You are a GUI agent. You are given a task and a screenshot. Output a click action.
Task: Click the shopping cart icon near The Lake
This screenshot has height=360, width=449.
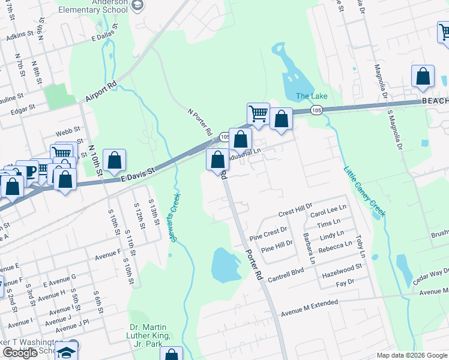tap(258, 113)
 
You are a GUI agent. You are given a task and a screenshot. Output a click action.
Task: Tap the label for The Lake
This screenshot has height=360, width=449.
tap(311, 97)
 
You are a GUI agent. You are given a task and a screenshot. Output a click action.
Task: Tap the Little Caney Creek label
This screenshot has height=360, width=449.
tap(365, 191)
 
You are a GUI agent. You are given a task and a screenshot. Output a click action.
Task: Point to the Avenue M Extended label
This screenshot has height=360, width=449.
tap(310, 304)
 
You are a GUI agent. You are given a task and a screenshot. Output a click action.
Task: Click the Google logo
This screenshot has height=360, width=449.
tap(20, 353)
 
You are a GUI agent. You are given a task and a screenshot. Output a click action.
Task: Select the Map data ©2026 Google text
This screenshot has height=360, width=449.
tap(412, 355)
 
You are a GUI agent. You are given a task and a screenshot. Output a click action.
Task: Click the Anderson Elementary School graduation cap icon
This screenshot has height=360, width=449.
tap(137, 6)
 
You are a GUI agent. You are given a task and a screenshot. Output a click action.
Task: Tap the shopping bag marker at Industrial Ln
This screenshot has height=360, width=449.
tap(240, 140)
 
